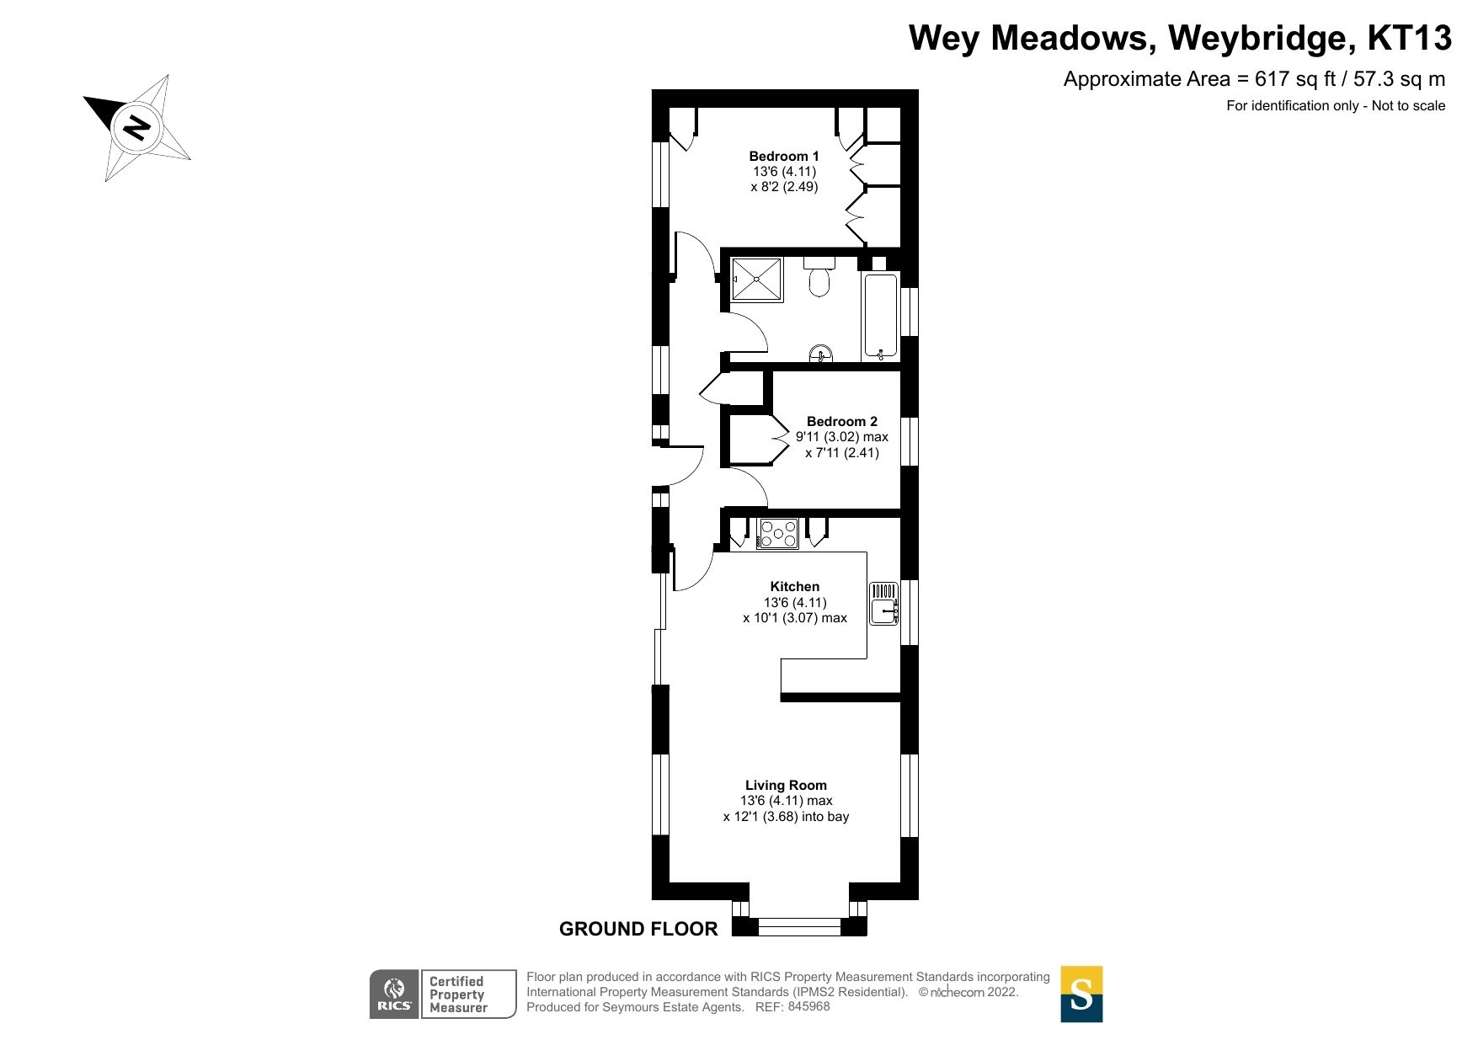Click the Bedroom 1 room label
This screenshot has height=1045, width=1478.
[x=783, y=156]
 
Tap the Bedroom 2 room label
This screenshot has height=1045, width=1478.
[x=841, y=421]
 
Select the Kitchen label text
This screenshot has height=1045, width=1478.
[x=794, y=586]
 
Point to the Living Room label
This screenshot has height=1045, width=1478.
[x=786, y=785]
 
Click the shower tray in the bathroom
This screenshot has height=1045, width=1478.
[x=756, y=279]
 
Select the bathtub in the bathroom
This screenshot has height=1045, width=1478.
[x=881, y=317]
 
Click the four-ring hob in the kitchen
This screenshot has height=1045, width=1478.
[x=778, y=534]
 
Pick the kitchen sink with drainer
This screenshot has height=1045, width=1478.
[x=883, y=603]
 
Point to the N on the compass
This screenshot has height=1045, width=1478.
[x=136, y=128]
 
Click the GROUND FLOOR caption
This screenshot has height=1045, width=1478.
[x=638, y=929]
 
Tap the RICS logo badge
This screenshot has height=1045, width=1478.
[x=394, y=994]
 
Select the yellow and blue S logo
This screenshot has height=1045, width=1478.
[x=1080, y=994]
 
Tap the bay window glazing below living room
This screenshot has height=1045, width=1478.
[x=799, y=927]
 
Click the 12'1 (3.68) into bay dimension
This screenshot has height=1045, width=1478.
[x=786, y=816]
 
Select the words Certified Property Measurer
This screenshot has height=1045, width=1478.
[x=458, y=994]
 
